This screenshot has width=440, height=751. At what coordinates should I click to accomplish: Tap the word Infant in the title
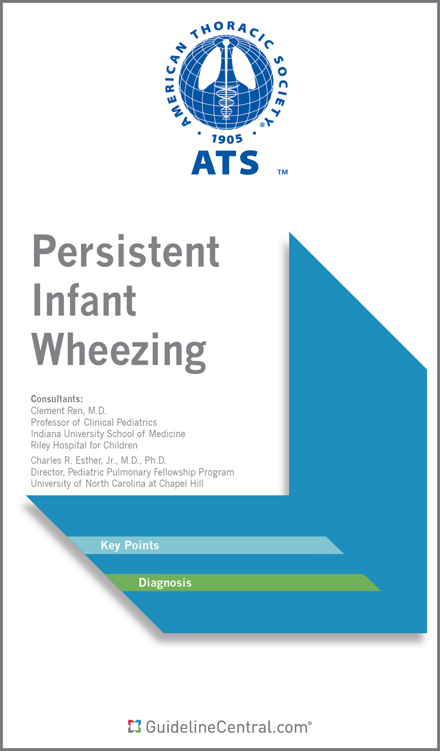point(85,300)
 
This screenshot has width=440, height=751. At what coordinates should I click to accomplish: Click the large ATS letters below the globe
point(225,162)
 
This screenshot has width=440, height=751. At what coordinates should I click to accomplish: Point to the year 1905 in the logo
point(227,138)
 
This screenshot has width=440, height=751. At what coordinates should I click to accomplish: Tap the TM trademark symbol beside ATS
point(282,172)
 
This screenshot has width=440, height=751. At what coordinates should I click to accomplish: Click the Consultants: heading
point(57,399)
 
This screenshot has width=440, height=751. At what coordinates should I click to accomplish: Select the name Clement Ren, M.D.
point(68,411)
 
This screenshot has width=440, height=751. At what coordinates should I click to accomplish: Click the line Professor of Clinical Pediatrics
point(94,423)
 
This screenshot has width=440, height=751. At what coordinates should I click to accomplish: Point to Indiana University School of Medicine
point(108,434)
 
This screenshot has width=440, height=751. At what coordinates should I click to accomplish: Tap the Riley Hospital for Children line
point(84,445)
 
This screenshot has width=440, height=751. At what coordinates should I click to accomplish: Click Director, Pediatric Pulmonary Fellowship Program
point(132,472)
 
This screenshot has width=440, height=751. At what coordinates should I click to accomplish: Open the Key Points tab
point(130,545)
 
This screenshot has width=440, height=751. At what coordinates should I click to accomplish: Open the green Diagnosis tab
point(165,583)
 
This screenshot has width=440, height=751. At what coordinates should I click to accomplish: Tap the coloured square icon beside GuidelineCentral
point(134,726)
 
